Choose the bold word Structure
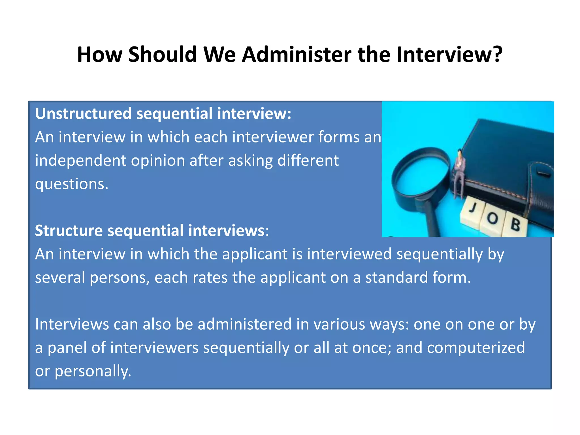click(69, 231)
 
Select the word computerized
click(476, 348)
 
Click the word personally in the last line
click(93, 372)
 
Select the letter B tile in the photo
click(515, 225)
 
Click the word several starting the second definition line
click(60, 278)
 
